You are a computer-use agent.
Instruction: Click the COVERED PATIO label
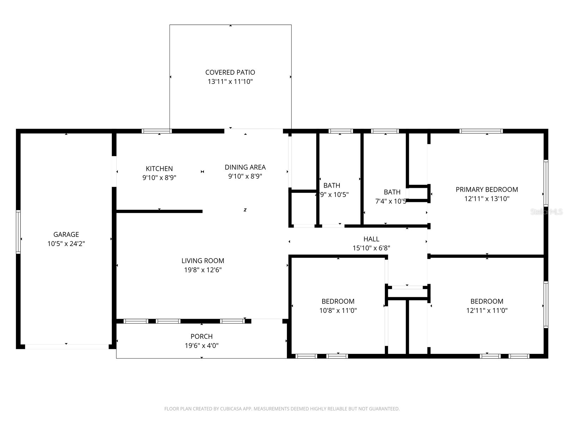click(230, 72)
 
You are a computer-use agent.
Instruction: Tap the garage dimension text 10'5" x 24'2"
click(66, 244)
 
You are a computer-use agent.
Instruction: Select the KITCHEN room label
click(159, 169)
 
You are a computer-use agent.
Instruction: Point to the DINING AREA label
click(245, 167)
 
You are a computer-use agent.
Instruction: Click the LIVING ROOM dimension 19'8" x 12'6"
click(203, 270)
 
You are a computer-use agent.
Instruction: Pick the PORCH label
click(202, 337)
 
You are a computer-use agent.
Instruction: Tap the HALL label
click(371, 239)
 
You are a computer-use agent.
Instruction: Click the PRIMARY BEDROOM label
click(487, 190)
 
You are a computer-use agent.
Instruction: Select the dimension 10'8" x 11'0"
click(338, 311)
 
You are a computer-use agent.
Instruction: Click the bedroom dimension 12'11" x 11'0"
click(487, 311)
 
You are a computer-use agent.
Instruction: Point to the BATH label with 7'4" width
click(392, 192)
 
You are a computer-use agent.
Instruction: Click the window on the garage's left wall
click(18, 232)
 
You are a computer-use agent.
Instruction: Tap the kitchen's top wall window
click(157, 131)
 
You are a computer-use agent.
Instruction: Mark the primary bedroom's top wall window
click(481, 131)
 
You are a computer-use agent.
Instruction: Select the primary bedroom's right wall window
click(546, 183)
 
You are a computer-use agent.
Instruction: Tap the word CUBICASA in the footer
click(231, 409)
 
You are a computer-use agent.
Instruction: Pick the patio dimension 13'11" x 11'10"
click(230, 81)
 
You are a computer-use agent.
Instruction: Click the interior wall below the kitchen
click(159, 211)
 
